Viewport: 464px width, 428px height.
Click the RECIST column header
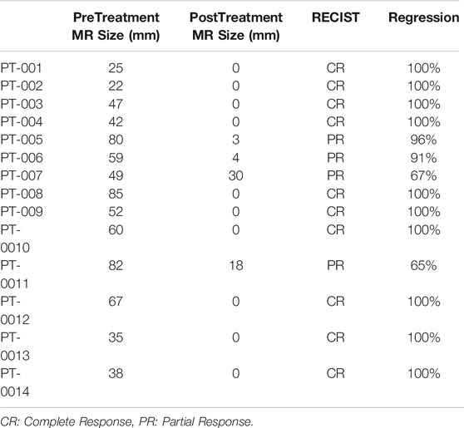pos(336,17)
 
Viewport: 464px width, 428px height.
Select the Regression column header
pos(424,17)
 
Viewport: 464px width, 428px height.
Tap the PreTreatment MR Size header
pos(116,27)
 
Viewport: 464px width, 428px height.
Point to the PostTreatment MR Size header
pos(236,27)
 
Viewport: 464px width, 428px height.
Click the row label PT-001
pos(22,68)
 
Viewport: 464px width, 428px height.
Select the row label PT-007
pos(22,175)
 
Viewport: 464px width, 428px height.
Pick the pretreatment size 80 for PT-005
pos(116,140)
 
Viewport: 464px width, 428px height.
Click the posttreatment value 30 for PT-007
pos(236,175)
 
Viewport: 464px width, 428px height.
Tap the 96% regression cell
pos(423,140)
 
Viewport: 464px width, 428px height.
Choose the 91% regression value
pos(423,158)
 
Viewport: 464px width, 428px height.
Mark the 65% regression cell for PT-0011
pos(423,265)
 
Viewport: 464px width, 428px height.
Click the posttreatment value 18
pos(236,265)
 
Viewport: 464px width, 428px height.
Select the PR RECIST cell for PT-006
pos(336,158)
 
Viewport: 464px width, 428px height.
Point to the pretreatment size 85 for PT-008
pos(116,194)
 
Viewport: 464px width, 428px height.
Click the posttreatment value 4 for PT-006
pos(236,158)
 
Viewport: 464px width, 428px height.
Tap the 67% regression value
pos(423,175)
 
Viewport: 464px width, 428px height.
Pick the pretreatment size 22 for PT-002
pos(116,86)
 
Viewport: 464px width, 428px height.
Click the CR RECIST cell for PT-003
pos(336,104)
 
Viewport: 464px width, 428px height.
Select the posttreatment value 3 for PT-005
pos(236,140)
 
